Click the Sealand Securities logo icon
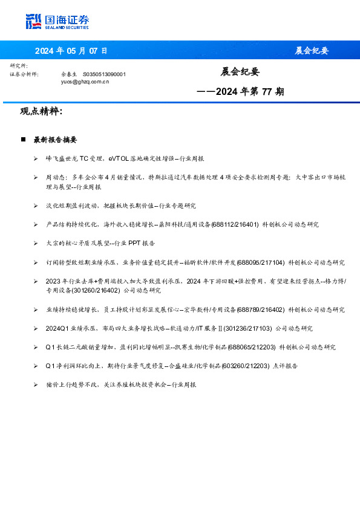tap(34, 21)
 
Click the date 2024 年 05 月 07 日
tap(71, 50)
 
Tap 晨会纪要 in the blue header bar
tap(312, 50)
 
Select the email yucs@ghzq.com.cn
tap(85, 81)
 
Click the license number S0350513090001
tap(104, 74)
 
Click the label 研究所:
tap(19, 65)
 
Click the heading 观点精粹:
tap(41, 112)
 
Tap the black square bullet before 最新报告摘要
tap(23, 140)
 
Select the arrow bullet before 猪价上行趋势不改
tap(36, 384)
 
